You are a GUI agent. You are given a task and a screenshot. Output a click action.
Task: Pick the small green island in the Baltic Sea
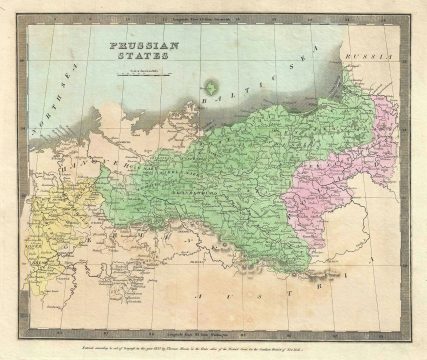click(211, 88)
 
